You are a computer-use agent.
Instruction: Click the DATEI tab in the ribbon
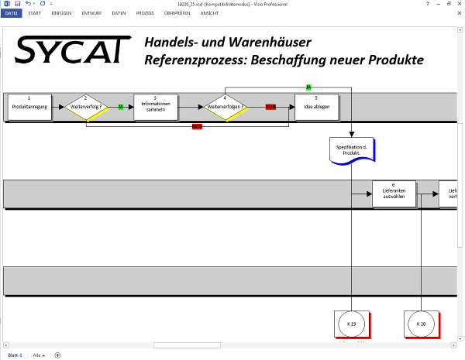(x=12, y=14)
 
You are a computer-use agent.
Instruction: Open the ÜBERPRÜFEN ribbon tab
(x=177, y=14)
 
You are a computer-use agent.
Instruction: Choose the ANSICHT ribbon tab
(x=209, y=14)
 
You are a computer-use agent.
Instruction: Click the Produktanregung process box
(x=29, y=108)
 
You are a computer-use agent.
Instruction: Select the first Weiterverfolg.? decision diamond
(x=86, y=108)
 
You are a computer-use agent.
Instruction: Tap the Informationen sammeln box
(x=156, y=108)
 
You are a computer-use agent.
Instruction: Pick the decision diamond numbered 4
(x=225, y=108)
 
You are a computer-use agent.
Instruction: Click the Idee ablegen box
(x=316, y=108)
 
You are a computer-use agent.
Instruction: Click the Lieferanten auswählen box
(x=394, y=194)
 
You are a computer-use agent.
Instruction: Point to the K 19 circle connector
(x=351, y=324)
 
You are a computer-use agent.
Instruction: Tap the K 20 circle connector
(x=421, y=324)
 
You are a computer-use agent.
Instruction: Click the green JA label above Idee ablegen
(x=308, y=87)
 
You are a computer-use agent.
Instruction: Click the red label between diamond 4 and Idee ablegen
(x=270, y=107)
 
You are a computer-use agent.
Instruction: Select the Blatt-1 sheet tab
(x=15, y=355)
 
